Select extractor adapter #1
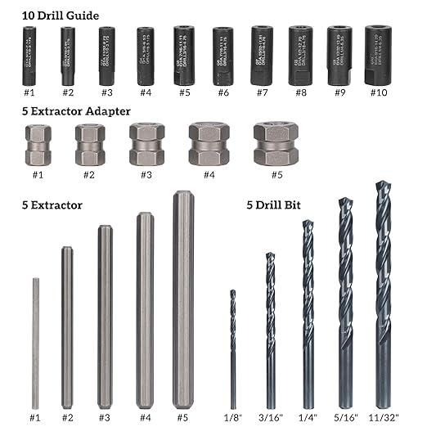pyautogui.click(x=38, y=145)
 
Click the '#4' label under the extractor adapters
pyautogui.click(x=209, y=173)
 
